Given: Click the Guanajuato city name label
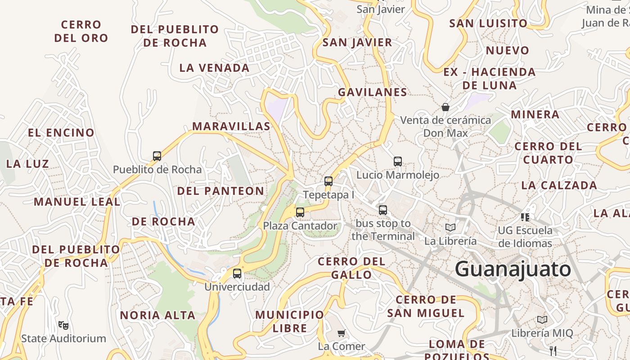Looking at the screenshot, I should tap(513, 269).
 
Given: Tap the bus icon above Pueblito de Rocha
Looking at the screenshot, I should tap(157, 156).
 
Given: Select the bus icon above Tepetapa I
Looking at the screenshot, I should tap(328, 181).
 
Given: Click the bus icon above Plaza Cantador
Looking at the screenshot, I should tap(300, 212).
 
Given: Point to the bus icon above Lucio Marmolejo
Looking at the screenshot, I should tap(398, 161).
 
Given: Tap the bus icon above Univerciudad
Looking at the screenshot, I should tap(237, 273).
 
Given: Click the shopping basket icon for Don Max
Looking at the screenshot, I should tap(445, 107).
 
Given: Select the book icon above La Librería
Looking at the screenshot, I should tap(450, 227).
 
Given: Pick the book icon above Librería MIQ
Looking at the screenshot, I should tap(542, 319).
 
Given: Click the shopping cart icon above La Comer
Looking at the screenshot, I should tap(342, 333).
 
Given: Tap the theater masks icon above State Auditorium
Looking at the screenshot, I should tap(63, 324).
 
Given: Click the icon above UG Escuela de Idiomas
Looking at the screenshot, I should tap(525, 217).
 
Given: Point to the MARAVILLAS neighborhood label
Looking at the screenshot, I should tap(231, 126).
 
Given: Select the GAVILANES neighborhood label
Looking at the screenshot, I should tap(373, 92).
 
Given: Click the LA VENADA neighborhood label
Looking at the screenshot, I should tap(214, 68).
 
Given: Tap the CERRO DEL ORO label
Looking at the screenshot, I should tap(81, 31).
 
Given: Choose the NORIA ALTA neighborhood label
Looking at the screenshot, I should tap(157, 315).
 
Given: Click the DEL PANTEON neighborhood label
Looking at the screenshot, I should tap(220, 191).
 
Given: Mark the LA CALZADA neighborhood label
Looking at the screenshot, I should tap(559, 185).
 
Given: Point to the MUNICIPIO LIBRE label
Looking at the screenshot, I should tap(289, 321).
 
